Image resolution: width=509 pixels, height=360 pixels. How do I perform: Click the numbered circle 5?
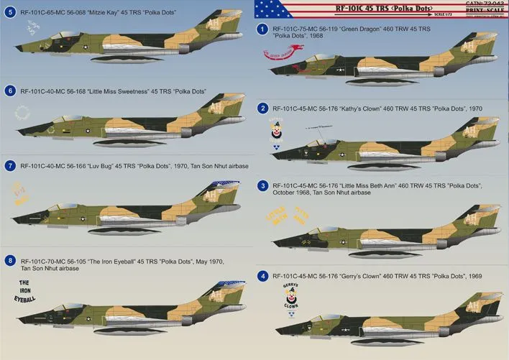[x=9, y=12]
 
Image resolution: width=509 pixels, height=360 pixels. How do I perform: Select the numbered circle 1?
[x=263, y=29]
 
